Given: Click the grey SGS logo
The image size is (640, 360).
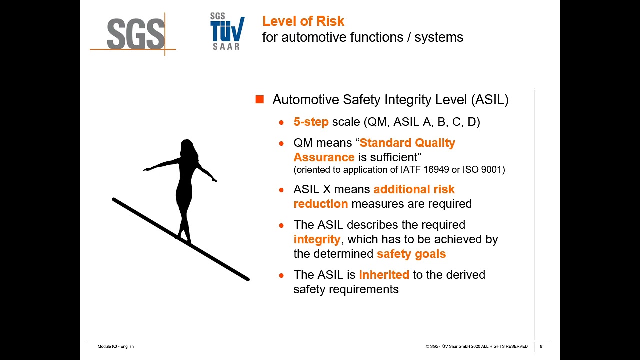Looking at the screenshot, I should pyautogui.click(x=135, y=34).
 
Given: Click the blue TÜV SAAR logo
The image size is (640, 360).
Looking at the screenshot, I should pyautogui.click(x=227, y=31).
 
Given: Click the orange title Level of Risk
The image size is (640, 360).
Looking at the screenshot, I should pyautogui.click(x=303, y=21).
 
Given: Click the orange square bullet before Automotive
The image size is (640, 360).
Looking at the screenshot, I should pyautogui.click(x=259, y=99).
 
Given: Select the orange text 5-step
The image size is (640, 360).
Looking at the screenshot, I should pyautogui.click(x=311, y=122).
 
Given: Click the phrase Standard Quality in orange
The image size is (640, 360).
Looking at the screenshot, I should pyautogui.click(x=407, y=143).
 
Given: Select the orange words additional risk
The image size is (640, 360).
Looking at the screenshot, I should pyautogui.click(x=414, y=190).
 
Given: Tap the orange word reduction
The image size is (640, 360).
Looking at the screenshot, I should pyautogui.click(x=320, y=204).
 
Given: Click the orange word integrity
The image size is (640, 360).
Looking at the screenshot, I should pyautogui.click(x=317, y=239).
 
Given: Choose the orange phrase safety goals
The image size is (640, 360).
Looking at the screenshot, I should pyautogui.click(x=411, y=254).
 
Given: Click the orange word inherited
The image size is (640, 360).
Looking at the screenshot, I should pyautogui.click(x=384, y=275).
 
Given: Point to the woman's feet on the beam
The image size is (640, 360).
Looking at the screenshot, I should pyautogui.click(x=184, y=239).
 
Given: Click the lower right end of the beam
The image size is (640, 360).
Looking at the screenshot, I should pyautogui.click(x=247, y=278).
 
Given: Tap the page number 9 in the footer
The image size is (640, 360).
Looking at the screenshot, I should pyautogui.click(x=541, y=346).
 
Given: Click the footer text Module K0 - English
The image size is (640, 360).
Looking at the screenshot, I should pyautogui.click(x=115, y=346).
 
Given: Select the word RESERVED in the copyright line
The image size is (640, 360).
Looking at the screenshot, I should pyautogui.click(x=517, y=346).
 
